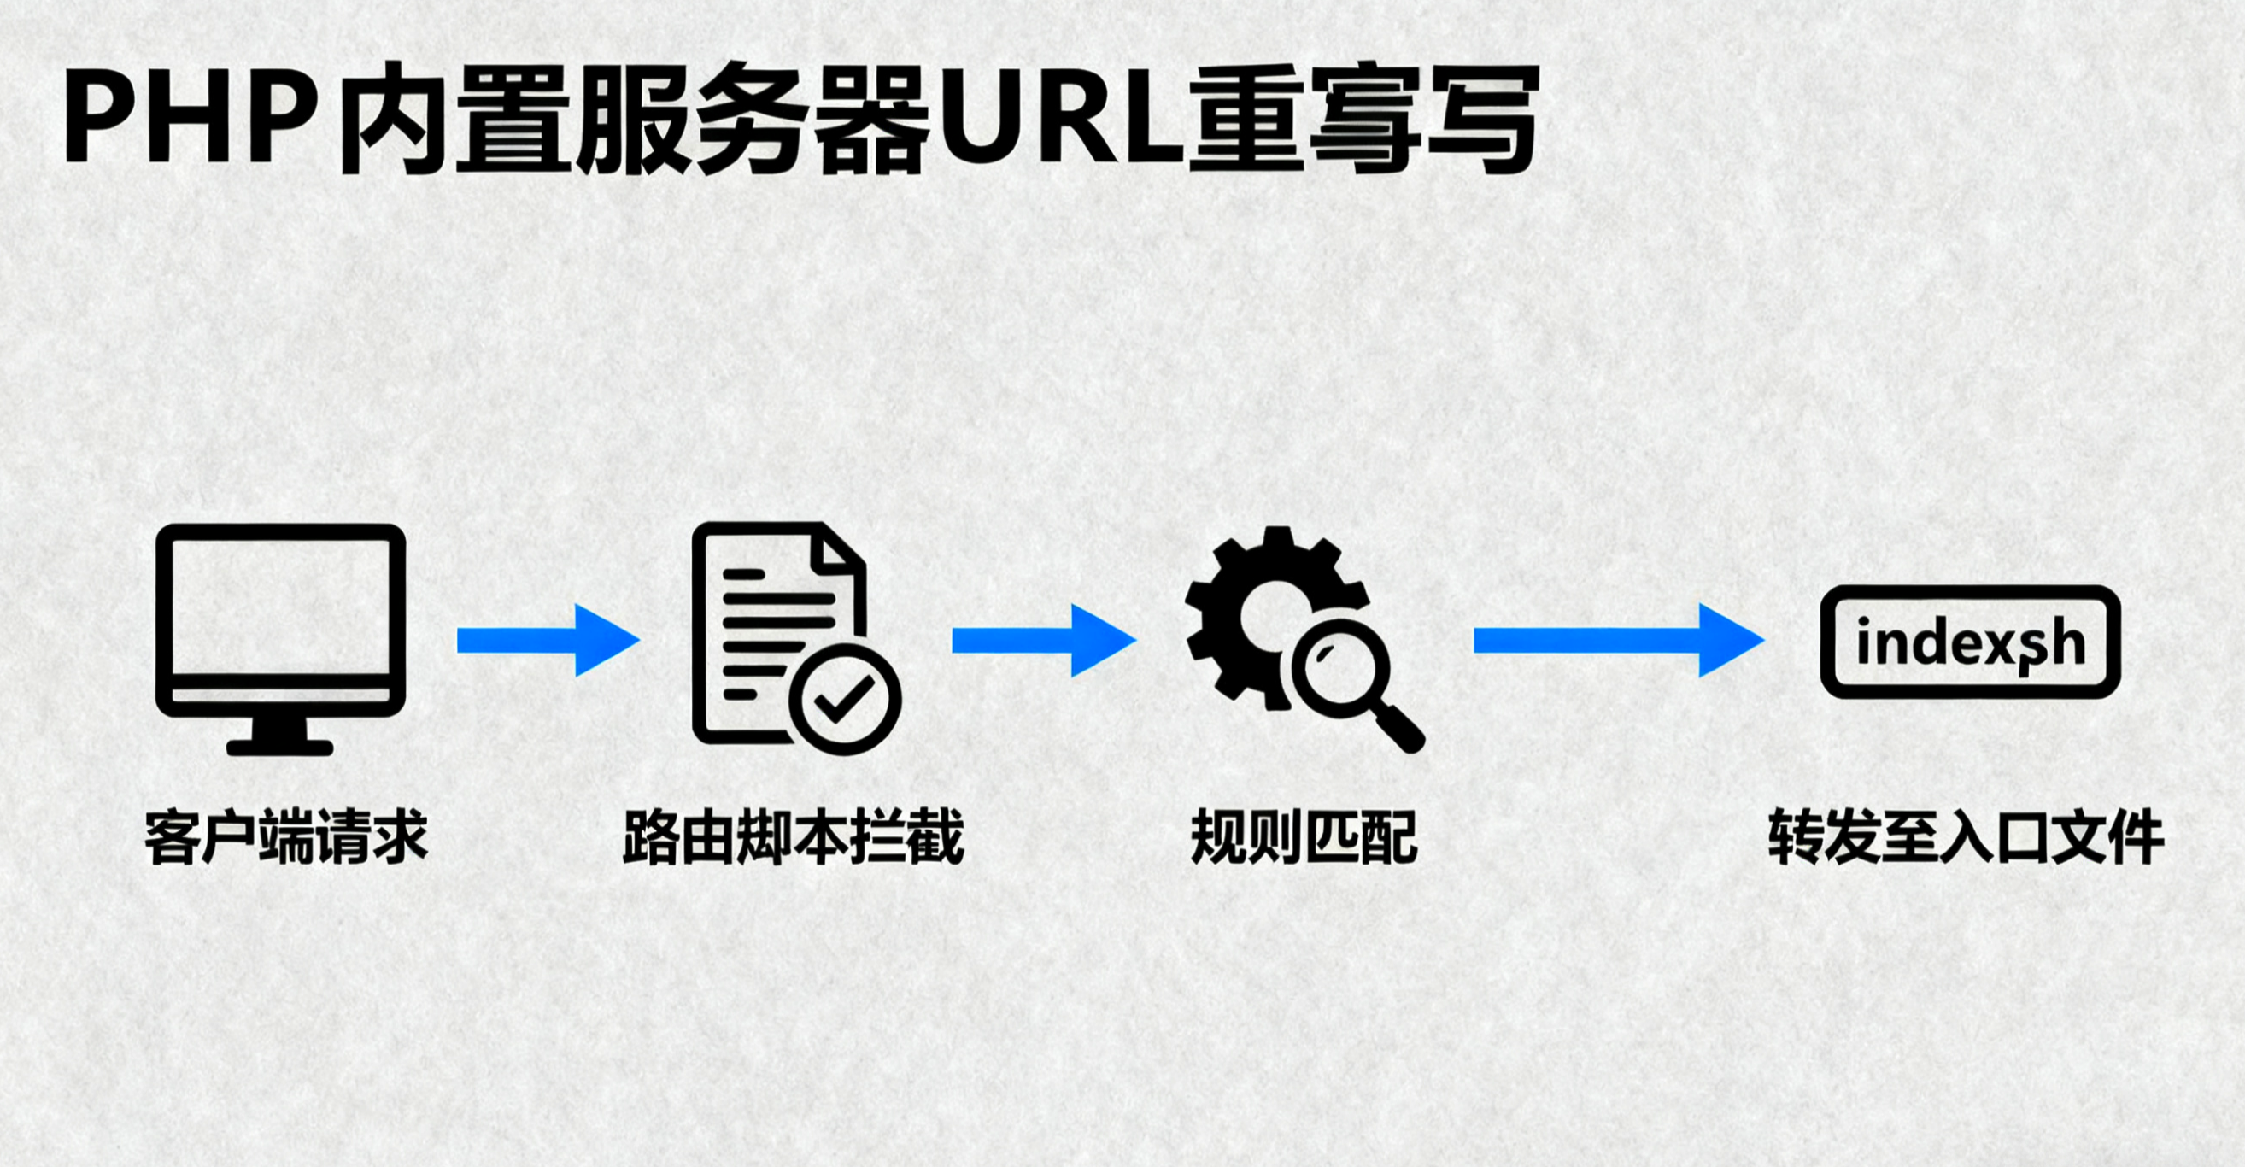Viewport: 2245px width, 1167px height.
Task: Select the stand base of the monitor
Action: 280,747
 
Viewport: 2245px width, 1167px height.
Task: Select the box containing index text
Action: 1971,642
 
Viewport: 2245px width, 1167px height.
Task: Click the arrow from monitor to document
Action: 548,641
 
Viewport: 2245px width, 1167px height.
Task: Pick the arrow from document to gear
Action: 1043,641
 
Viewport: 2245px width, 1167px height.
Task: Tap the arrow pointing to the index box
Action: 1617,641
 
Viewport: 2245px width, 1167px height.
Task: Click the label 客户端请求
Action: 286,837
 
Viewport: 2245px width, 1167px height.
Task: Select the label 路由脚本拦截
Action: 793,837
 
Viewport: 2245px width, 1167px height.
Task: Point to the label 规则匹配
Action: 1304,837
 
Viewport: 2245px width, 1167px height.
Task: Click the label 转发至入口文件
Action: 1967,837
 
